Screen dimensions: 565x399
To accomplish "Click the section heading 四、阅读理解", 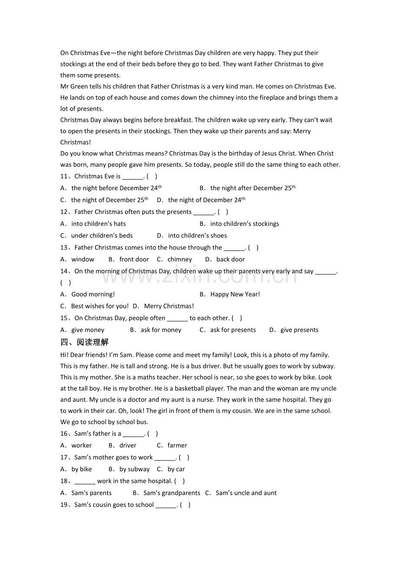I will tap(85, 342).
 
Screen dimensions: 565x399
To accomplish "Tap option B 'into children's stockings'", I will tap(245, 224).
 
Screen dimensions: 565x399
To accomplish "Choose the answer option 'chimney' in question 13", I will tap(180, 260).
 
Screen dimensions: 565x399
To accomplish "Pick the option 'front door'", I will tap(134, 260).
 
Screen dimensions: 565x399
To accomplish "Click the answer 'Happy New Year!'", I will tap(235, 294).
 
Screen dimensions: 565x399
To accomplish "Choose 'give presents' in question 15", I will tap(299, 330).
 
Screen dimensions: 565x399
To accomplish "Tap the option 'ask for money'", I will tap(161, 330).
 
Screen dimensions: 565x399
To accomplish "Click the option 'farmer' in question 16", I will tap(177, 445).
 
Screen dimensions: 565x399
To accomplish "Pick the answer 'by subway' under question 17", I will tap(134, 469).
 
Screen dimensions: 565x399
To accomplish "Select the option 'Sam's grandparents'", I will tap(172, 493).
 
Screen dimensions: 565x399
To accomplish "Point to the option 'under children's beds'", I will tap(102, 236).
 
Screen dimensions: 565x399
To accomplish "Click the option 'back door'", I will tap(230, 260).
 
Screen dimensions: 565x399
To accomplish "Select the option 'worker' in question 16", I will tap(82, 445).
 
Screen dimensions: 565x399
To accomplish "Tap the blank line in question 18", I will tap(85, 481).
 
